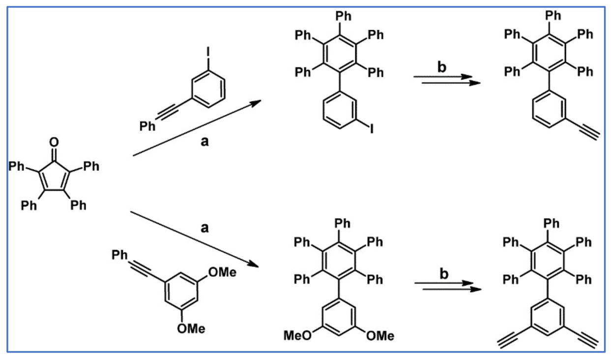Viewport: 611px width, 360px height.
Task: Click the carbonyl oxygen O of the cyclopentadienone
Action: (54, 143)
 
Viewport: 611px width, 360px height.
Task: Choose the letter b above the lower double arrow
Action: (444, 274)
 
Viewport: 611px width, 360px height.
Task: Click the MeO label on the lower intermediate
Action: (297, 336)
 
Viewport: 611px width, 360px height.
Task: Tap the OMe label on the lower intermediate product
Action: (380, 336)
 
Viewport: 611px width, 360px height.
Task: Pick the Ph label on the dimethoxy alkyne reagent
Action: (120, 255)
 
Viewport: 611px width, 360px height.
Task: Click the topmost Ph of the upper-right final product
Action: (553, 16)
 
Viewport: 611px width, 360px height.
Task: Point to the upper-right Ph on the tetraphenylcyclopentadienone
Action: (91, 167)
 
